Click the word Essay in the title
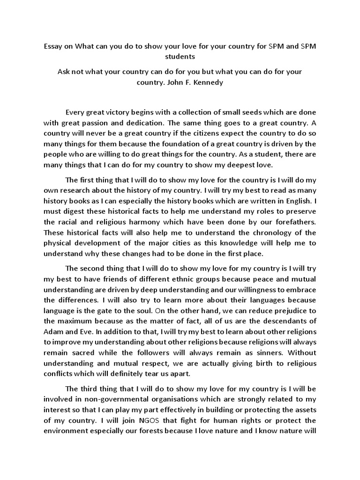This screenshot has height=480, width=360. [x=53, y=47]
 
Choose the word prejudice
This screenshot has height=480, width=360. [x=285, y=310]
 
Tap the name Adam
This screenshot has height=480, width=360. [x=53, y=332]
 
